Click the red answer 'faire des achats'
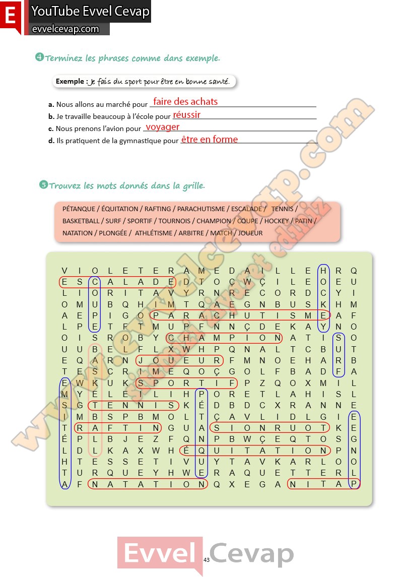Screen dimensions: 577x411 tap(185, 101)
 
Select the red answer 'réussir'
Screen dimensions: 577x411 tap(186, 115)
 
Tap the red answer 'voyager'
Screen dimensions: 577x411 tap(162, 127)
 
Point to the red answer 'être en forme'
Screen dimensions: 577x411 tap(209, 140)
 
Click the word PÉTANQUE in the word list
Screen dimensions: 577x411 tap(79, 209)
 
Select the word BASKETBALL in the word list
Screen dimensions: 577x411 tap(81, 221)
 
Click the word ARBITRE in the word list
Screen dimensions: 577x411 tap(191, 233)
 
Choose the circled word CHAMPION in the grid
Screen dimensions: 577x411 tap(224, 338)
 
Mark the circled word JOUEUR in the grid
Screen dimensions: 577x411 tap(179, 361)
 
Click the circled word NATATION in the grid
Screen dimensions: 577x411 tap(148, 484)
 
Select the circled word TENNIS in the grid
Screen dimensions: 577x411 tap(133, 405)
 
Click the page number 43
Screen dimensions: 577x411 tap(207, 560)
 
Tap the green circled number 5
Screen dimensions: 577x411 tap(43, 185)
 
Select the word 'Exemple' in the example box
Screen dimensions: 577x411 tap(71, 81)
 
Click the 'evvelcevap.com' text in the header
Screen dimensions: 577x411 tap(65, 29)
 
